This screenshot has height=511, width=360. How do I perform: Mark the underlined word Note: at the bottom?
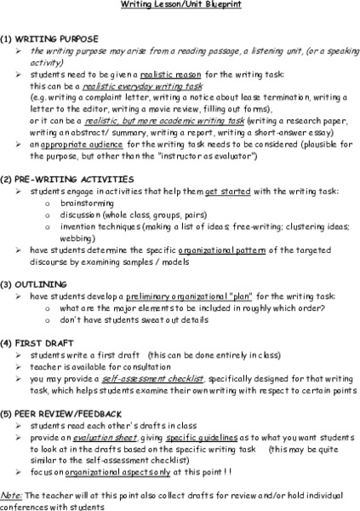click(x=11, y=493)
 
